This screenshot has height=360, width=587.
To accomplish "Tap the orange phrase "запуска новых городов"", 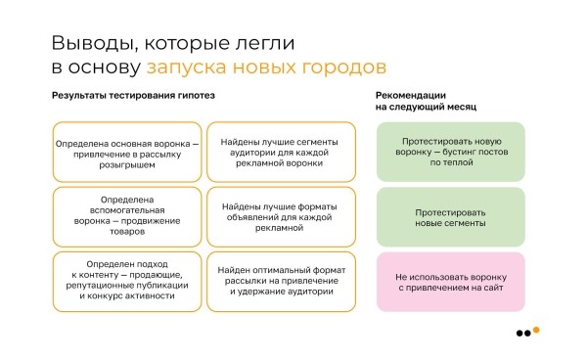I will pos(265,67).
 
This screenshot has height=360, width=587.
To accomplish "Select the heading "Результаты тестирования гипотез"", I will pos(133,95).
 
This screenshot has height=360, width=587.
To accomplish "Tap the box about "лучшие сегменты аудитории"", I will pos(280,153).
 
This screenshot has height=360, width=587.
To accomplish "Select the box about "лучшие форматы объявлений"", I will pos(280,216).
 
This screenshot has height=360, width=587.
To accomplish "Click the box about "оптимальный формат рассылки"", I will pos(280,282).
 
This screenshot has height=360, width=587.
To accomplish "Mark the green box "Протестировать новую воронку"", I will pos(450,151).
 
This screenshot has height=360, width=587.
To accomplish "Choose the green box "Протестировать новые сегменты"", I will pos(450,216).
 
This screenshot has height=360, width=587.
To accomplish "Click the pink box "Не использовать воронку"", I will pos(450,282).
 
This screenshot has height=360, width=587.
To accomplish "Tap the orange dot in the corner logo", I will pos(535,329).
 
